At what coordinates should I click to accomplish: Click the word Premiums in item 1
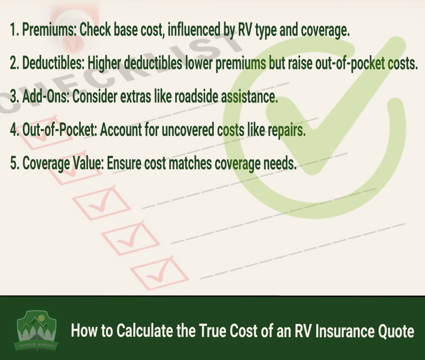(49, 29)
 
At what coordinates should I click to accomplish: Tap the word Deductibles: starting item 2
(54, 63)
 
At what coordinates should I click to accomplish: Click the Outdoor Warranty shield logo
(37, 330)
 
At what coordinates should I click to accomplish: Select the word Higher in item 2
(104, 63)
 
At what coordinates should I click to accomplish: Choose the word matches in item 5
(190, 163)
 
